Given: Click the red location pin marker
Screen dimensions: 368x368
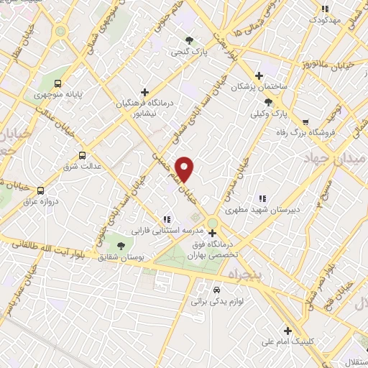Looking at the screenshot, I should pos(185,170).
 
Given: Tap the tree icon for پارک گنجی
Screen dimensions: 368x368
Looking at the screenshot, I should pos(189,41).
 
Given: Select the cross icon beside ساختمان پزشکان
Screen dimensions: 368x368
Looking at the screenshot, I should pos(259,75).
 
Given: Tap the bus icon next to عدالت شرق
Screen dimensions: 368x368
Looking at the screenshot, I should pos(82,155).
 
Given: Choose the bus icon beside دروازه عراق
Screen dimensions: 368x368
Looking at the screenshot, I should pos(40,190).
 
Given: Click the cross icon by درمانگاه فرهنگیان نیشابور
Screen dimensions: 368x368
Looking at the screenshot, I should pos(145,92).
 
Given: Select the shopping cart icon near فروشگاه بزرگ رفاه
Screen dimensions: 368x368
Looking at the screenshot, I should pos(306,121).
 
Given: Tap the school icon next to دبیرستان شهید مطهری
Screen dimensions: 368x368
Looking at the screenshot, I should pos(262,198).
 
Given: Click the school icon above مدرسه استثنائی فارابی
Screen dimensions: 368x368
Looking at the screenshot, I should pos(167,220).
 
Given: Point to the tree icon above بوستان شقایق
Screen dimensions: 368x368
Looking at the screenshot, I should pos(120,246).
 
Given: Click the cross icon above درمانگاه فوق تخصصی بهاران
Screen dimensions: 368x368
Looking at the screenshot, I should pos(211,233).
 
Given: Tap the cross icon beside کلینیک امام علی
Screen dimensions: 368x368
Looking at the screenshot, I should pos(288,331).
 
